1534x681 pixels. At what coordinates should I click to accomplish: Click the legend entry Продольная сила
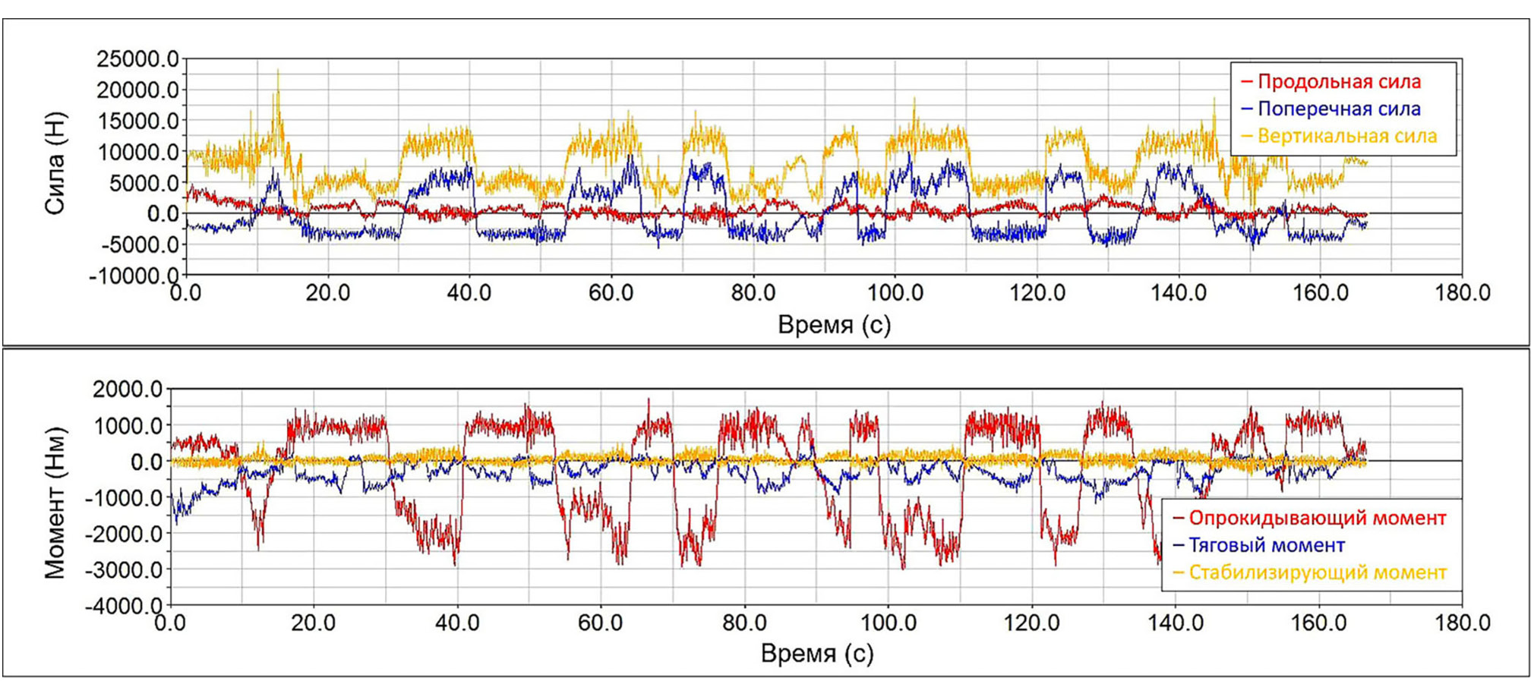coord(1339,81)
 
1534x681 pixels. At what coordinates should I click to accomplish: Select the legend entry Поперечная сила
coord(1339,109)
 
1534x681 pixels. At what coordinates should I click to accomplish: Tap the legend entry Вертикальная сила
coord(1346,136)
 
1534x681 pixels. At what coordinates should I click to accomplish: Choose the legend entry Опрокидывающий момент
coord(1317,518)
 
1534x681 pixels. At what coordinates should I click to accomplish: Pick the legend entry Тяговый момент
coord(1266,545)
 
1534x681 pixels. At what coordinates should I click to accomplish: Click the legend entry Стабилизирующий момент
coord(1317,572)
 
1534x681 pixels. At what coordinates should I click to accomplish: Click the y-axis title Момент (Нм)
coord(55,502)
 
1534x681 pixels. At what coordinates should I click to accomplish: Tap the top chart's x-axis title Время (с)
coord(834,325)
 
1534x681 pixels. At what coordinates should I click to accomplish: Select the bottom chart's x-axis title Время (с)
coord(817,653)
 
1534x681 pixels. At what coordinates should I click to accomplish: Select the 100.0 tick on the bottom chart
coord(889,623)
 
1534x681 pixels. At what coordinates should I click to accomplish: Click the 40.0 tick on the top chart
coord(469,293)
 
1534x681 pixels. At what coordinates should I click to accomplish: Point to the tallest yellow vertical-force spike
coord(278,71)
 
